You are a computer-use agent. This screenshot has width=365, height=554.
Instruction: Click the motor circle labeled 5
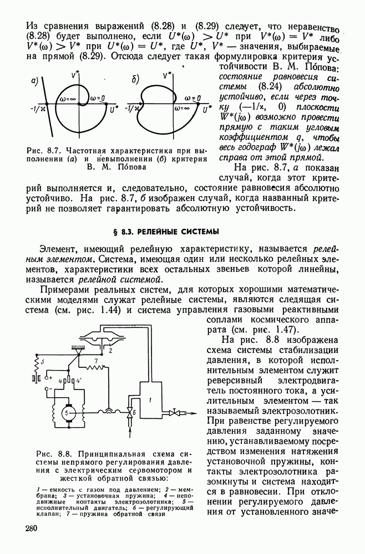(x=67, y=413)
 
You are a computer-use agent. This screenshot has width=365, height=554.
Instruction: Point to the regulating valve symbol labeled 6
(x=131, y=413)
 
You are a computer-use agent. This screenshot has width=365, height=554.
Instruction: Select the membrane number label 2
(x=111, y=350)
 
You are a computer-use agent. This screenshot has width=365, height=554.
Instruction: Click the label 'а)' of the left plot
(x=34, y=80)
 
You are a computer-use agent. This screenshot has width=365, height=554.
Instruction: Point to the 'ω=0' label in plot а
(x=98, y=99)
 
